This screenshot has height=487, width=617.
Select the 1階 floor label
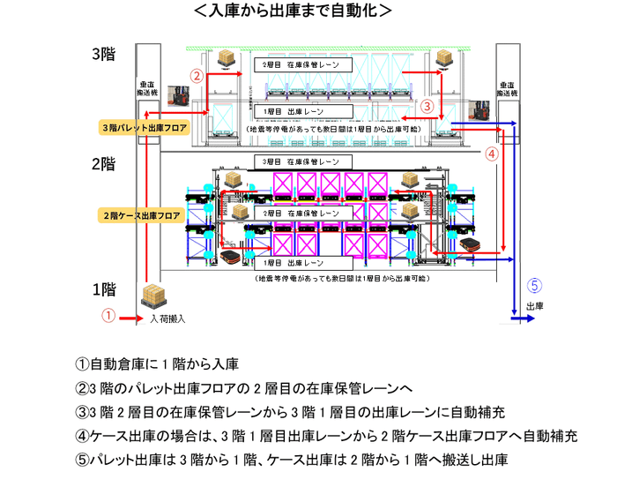[x=105, y=288]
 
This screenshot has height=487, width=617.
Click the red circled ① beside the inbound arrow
[x=108, y=315]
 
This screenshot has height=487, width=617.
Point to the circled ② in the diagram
[x=198, y=76]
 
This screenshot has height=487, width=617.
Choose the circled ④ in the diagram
[x=492, y=152]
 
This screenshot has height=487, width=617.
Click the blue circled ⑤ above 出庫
[x=533, y=285]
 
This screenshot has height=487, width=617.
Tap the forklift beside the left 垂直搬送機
[x=181, y=95]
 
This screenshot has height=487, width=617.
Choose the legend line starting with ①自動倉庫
[x=158, y=363]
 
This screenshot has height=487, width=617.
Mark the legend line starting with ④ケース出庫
[x=326, y=436]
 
